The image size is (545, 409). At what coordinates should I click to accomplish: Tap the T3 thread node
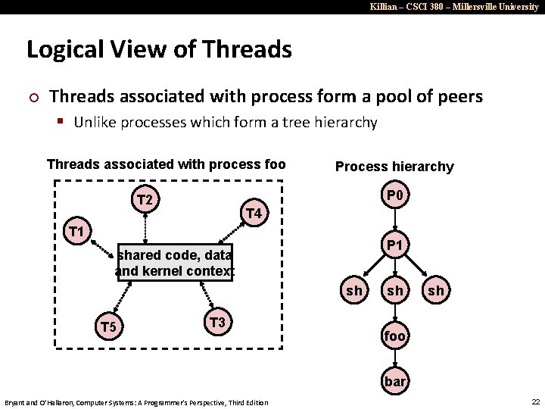(x=218, y=323)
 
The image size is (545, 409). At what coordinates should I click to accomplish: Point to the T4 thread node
(x=254, y=214)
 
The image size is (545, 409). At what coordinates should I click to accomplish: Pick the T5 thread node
(x=109, y=327)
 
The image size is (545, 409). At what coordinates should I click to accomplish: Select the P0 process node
(x=395, y=197)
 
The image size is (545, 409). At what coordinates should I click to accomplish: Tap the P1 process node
(x=395, y=245)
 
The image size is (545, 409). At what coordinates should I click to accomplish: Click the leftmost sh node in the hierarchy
(x=353, y=291)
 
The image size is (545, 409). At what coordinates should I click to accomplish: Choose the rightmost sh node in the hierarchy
(x=436, y=291)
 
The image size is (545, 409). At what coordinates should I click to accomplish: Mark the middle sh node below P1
(x=395, y=291)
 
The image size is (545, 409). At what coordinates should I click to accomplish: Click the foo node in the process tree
(x=395, y=336)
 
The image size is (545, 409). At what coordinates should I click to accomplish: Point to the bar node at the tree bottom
(x=395, y=381)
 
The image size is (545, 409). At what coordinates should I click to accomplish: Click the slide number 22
(x=535, y=401)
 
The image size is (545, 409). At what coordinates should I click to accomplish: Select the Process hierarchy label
(x=394, y=167)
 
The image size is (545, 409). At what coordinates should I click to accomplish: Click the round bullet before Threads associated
(x=31, y=98)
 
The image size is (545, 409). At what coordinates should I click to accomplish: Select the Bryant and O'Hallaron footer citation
(x=136, y=402)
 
